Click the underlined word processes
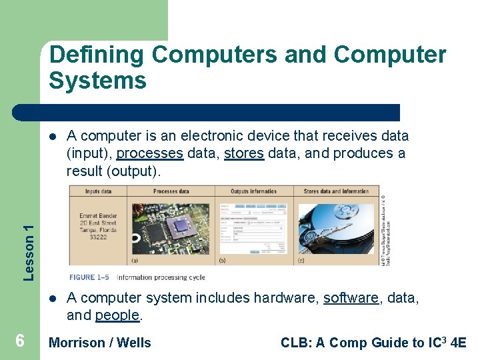(x=149, y=153)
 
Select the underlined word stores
(x=244, y=153)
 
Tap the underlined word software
(x=351, y=297)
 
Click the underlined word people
(x=117, y=315)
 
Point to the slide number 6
(x=20, y=341)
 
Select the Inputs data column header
(x=99, y=191)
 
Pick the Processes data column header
(x=171, y=191)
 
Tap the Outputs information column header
(x=254, y=191)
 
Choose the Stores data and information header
(x=336, y=191)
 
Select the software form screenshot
(x=253, y=231)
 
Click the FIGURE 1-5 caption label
(x=90, y=277)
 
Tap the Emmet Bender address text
(x=98, y=227)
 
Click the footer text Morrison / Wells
(x=100, y=343)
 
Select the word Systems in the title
(x=97, y=81)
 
